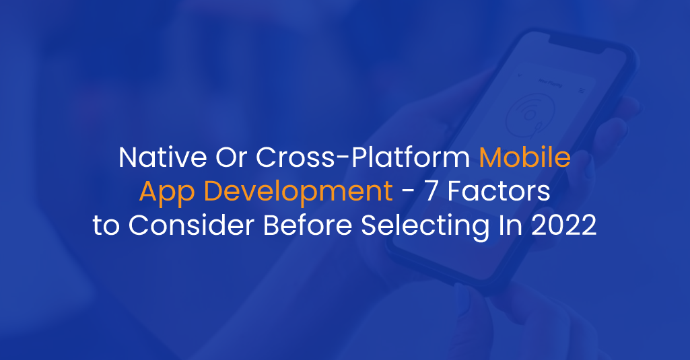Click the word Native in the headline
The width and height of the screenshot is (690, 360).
(x=163, y=157)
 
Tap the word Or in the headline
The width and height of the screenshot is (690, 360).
(x=231, y=157)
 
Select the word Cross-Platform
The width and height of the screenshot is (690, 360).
(x=363, y=157)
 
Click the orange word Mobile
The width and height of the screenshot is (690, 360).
(x=525, y=157)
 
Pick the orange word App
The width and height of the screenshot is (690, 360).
(x=167, y=192)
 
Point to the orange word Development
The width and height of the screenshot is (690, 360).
(x=298, y=192)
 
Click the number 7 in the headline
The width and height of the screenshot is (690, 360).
(x=432, y=192)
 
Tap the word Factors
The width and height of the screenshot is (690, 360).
(x=499, y=192)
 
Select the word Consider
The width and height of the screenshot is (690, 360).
(x=191, y=225)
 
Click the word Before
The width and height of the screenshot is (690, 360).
(x=308, y=225)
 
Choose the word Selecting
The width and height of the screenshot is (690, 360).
(x=425, y=226)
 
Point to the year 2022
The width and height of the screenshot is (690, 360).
(x=563, y=225)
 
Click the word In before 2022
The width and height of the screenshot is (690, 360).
(x=510, y=225)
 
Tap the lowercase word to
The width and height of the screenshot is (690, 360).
(x=106, y=226)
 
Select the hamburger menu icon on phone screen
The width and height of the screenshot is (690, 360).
(x=582, y=91)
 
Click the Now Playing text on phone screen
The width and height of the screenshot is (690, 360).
(x=551, y=82)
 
